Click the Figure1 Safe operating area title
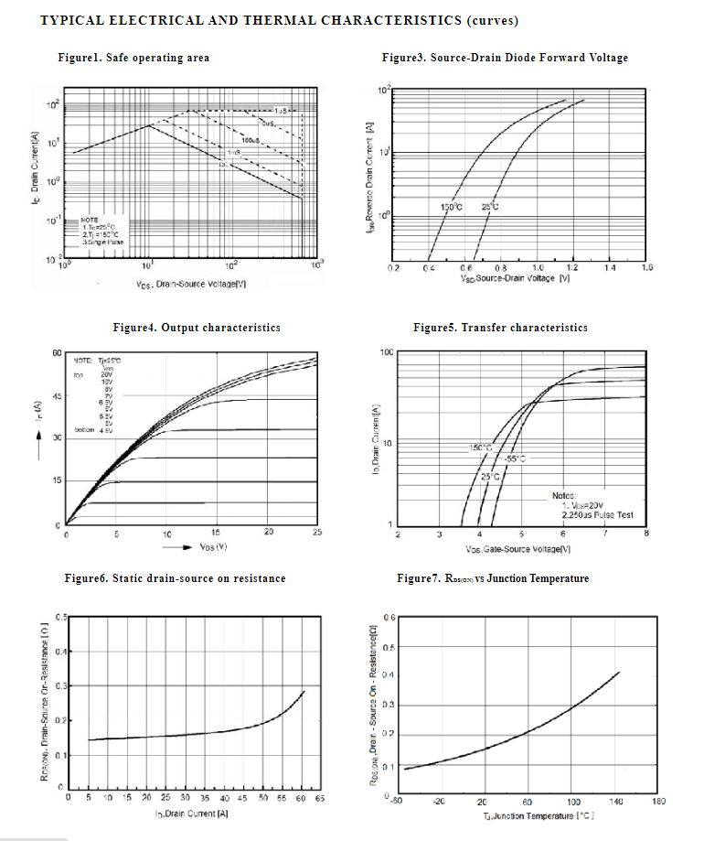pos(133,58)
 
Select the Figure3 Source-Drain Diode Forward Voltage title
pos(505,58)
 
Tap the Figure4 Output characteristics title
pos(197,328)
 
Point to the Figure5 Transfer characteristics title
pos(500,328)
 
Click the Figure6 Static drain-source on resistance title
pos(175,578)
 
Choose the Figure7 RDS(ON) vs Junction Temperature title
pos(493,578)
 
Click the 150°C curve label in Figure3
pos(452,207)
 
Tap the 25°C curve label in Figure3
pos(490,207)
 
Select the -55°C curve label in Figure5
pos(516,458)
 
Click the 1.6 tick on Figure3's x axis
pos(646,269)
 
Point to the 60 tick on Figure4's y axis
pos(57,353)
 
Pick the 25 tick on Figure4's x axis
pos(317,533)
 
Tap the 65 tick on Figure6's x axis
pos(320,798)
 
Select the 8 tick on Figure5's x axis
pos(646,533)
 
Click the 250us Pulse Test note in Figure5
pos(598,515)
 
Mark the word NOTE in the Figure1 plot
pos(90,221)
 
